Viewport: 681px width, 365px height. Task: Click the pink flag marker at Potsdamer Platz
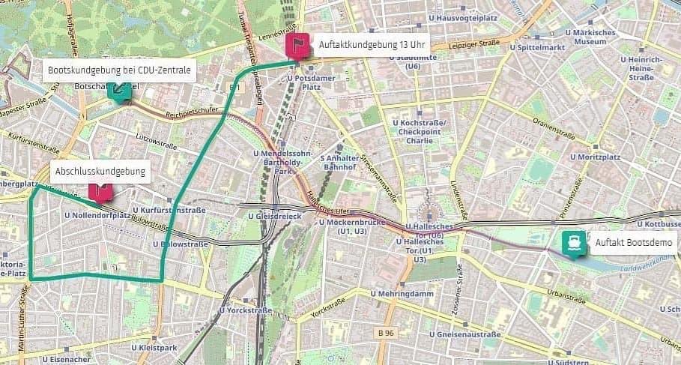[297, 46]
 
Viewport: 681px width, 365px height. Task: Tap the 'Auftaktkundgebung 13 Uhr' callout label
[371, 43]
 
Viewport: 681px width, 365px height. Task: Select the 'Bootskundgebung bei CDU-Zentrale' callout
[119, 70]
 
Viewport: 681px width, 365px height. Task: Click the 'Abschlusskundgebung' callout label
[100, 172]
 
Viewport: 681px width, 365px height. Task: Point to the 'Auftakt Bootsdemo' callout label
[635, 242]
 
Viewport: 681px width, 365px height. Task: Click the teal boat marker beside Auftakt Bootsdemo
[574, 243]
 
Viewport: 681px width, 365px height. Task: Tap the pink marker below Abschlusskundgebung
[100, 193]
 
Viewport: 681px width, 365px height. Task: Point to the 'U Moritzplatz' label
[595, 157]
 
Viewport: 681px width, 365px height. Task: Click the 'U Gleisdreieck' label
[273, 216]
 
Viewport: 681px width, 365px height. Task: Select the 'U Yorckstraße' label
[243, 310]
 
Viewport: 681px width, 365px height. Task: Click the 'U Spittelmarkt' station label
[536, 46]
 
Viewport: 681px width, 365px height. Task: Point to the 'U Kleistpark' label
[154, 348]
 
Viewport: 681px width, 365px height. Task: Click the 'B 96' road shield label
[385, 332]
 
